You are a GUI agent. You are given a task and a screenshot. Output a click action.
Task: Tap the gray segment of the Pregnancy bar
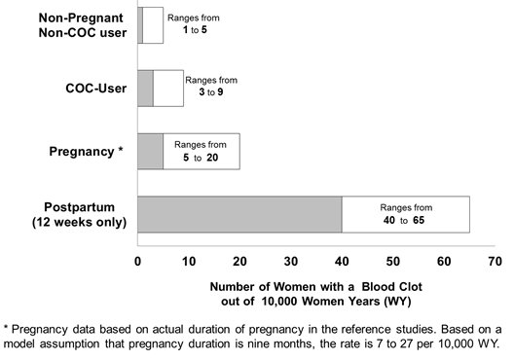click(150, 151)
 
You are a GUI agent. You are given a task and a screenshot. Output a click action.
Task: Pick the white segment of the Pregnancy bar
click(202, 151)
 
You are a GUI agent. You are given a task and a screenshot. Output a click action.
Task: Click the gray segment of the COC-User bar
click(145, 88)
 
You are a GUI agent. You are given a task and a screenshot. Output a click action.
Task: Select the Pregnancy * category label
click(88, 151)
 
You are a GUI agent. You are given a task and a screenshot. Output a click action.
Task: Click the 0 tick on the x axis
click(137, 262)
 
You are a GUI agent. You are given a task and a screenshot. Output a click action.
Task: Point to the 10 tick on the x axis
click(188, 262)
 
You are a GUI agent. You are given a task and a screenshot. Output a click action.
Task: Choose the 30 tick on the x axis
click(291, 262)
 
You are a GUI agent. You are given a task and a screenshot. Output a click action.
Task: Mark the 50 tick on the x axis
click(393, 262)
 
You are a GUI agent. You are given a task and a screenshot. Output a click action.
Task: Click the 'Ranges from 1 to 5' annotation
click(190, 24)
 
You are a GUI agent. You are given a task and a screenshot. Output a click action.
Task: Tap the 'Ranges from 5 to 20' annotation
click(202, 151)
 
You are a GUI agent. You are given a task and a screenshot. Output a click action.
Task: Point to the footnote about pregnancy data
click(257, 336)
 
